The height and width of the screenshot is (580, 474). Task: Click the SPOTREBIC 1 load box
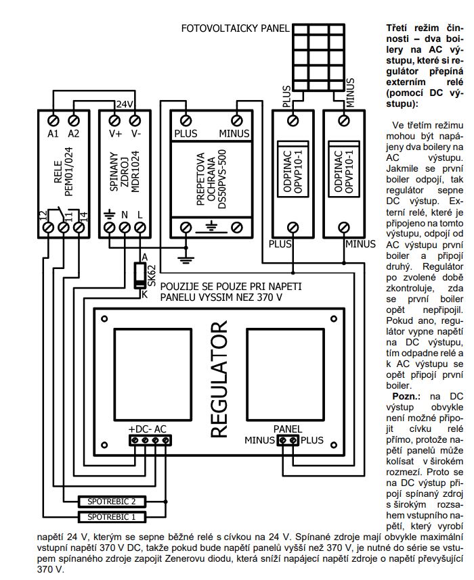pos(112,516)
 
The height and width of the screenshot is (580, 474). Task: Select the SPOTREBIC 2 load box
pos(112,502)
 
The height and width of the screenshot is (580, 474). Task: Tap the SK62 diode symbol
pos(139,276)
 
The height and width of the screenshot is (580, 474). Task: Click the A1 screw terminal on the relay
pos(53,120)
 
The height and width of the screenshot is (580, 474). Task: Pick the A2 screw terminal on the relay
pos(74,120)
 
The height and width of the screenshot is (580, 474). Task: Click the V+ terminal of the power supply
pos(115,120)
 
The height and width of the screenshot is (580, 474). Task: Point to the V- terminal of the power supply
pos(135,120)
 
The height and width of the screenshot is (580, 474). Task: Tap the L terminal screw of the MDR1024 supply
pos(139,228)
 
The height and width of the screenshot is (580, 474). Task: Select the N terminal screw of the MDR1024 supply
pos(125,228)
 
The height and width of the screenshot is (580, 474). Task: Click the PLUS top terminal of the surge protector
pos(186,120)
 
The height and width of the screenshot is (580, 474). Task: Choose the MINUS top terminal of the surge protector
pos(237,120)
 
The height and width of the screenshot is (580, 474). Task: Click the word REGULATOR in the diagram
pos(219,379)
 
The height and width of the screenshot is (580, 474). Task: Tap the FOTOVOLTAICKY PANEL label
pos(235,28)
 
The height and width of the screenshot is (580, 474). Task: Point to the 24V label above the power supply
pos(125,105)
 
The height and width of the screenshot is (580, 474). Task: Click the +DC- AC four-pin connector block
pos(150,440)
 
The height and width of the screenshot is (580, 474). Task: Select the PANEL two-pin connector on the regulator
pos(288,440)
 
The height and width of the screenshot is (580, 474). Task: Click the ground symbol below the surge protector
pos(186,259)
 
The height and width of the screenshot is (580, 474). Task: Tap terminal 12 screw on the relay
pos(49,228)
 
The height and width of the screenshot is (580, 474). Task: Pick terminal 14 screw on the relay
pos(79,228)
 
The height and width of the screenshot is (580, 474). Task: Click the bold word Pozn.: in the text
pos(406,397)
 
